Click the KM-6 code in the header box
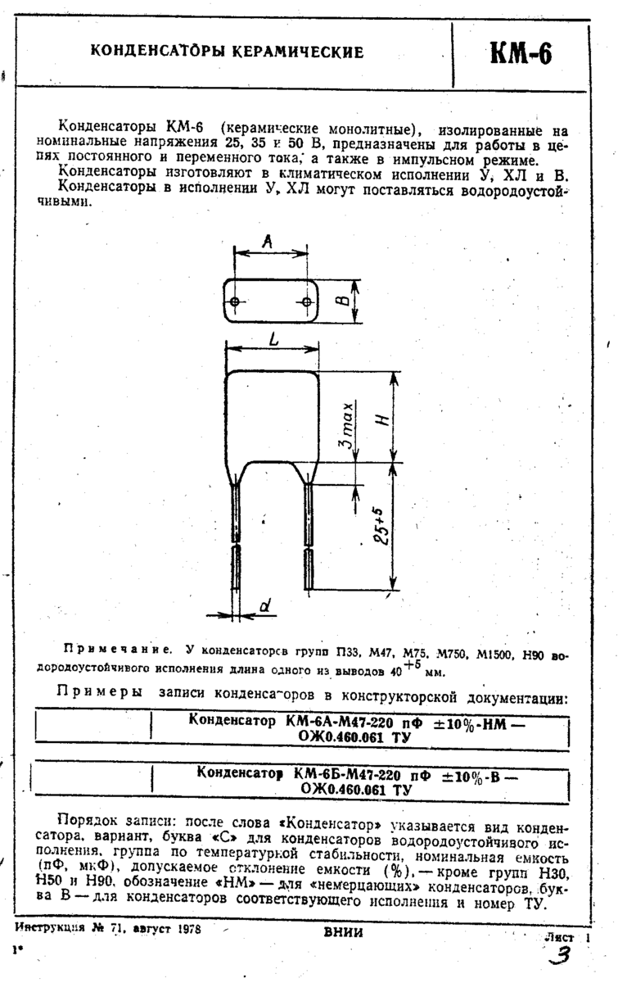point(521,53)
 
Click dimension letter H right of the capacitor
point(382,417)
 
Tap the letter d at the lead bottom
point(264,606)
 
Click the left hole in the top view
point(235,302)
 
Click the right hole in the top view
point(307,302)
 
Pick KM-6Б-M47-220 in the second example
point(343,773)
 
